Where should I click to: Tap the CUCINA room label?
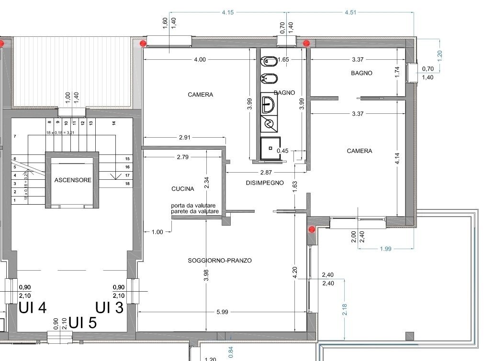pyautogui.click(x=182, y=189)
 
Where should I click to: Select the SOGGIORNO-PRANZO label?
pyautogui.click(x=220, y=261)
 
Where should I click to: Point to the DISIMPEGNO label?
pyautogui.click(x=265, y=183)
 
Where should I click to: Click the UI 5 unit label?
pyautogui.click(x=82, y=323)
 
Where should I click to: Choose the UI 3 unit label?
pyautogui.click(x=109, y=307)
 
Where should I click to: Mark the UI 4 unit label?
pyautogui.click(x=32, y=307)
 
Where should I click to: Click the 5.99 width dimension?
pyautogui.click(x=222, y=312)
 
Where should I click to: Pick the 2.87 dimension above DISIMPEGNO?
pyautogui.click(x=266, y=172)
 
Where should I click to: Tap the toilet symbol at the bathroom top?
pyautogui.click(x=267, y=62)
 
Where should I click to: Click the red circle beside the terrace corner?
pyautogui.click(x=312, y=230)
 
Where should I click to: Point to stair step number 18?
pyautogui.click(x=127, y=184)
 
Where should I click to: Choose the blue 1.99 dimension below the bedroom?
pyautogui.click(x=385, y=248)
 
